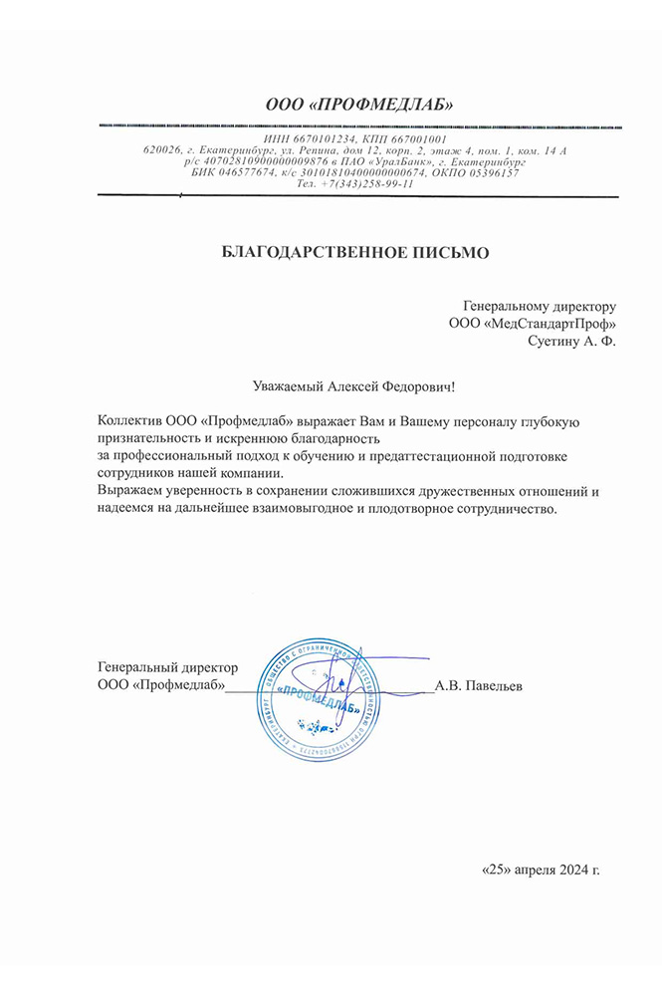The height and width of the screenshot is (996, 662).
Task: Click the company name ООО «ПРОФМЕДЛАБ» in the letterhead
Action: [359, 104]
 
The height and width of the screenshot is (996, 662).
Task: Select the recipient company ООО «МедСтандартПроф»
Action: [533, 324]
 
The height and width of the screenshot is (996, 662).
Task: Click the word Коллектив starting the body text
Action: [131, 421]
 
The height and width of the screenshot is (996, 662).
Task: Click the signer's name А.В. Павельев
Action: [480, 686]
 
